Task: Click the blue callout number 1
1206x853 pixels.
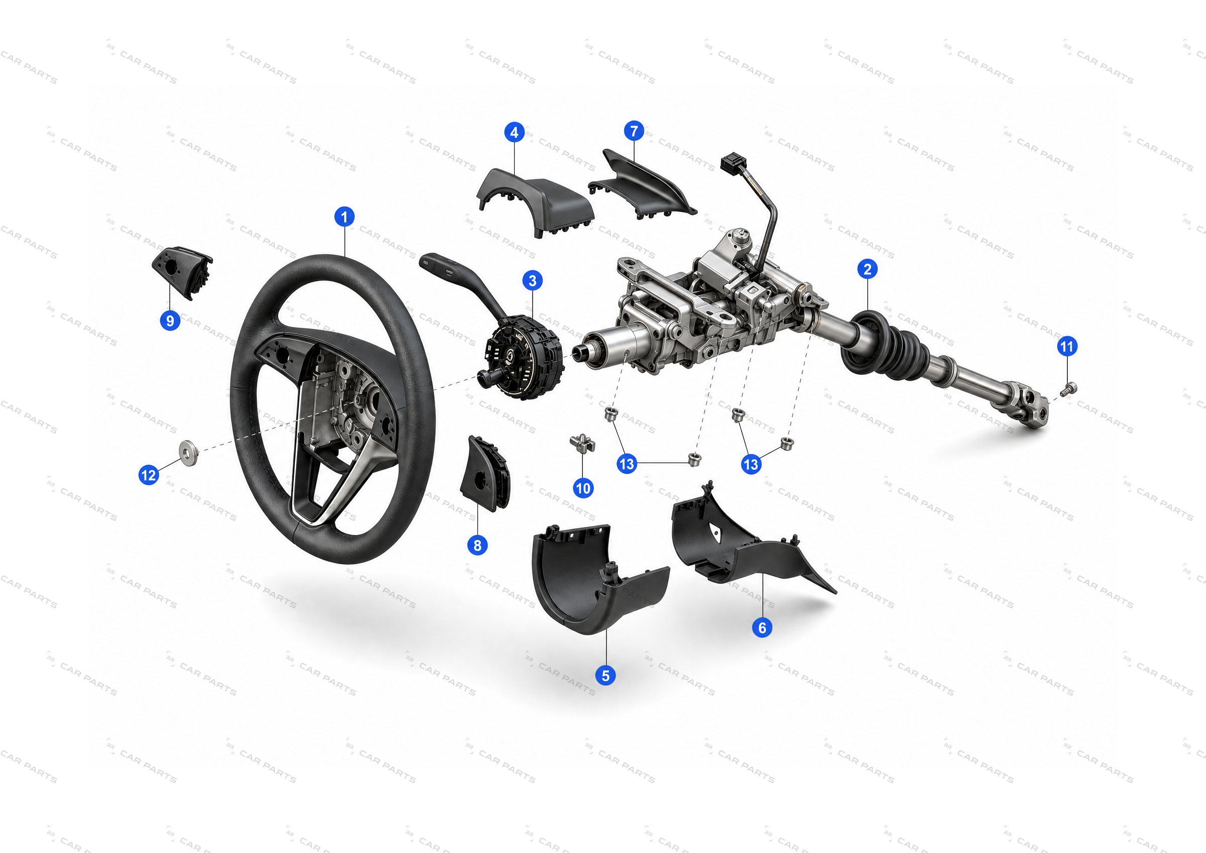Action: pyautogui.click(x=344, y=217)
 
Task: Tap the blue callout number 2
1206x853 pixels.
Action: pyautogui.click(x=867, y=269)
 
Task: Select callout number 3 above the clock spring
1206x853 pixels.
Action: pyautogui.click(x=533, y=280)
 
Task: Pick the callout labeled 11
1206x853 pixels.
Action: pyautogui.click(x=1067, y=347)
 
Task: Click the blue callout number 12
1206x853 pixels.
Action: pyautogui.click(x=149, y=475)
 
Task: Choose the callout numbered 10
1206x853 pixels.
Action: pyautogui.click(x=583, y=488)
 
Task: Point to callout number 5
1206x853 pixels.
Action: pyautogui.click(x=606, y=676)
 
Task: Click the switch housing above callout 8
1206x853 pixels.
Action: pyautogui.click(x=484, y=473)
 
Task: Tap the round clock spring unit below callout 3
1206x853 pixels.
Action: pyautogui.click(x=523, y=357)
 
